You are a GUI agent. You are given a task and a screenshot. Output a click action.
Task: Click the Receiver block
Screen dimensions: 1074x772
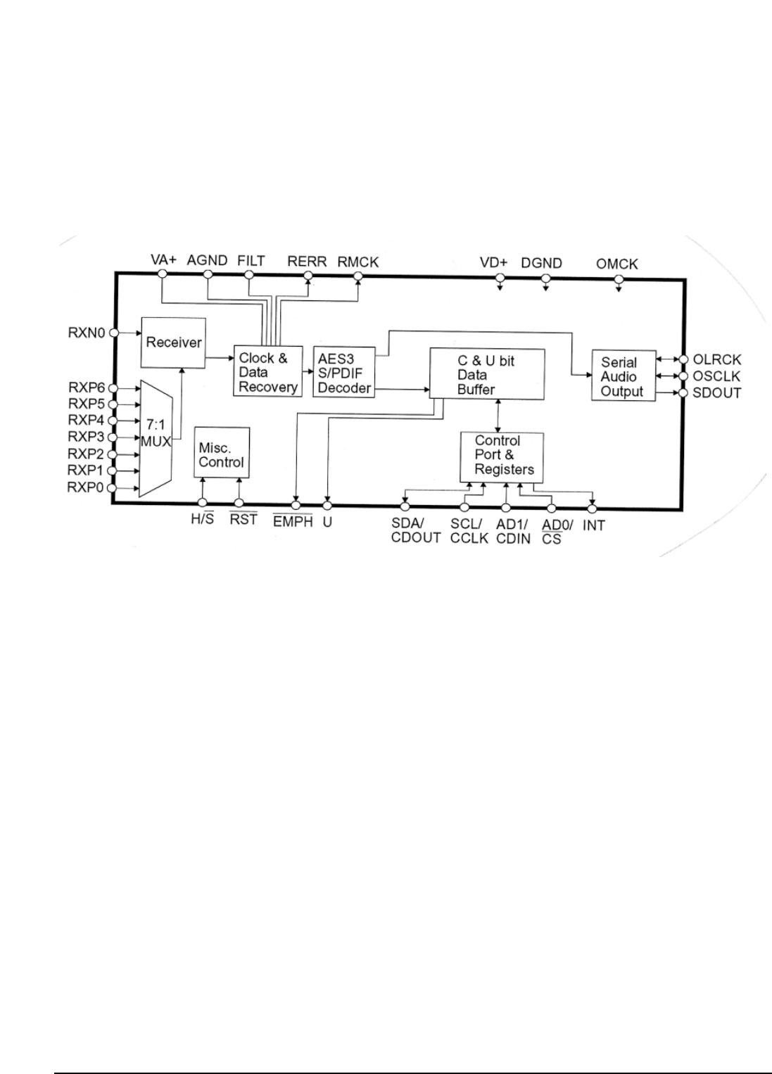coord(172,342)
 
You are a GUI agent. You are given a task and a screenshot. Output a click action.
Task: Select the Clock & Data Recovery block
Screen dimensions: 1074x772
coord(267,371)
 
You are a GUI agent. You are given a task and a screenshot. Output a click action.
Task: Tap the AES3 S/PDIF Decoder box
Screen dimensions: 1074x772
coord(343,372)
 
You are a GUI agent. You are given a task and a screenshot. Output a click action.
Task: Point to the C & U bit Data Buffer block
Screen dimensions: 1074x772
coord(486,373)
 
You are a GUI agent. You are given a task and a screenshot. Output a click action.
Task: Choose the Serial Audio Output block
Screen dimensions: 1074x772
coord(623,376)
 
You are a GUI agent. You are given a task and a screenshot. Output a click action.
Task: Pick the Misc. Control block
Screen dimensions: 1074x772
coord(222,454)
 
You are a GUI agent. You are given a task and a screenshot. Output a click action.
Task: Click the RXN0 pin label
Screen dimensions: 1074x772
coord(87,332)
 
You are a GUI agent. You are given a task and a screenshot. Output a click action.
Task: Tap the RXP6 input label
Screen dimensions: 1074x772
coord(87,388)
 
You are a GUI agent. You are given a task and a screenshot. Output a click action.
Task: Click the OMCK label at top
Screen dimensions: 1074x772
coord(617,264)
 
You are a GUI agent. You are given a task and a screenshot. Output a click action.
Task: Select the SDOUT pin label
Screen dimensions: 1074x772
coord(717,392)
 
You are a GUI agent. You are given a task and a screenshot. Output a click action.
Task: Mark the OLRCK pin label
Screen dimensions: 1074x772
coord(717,360)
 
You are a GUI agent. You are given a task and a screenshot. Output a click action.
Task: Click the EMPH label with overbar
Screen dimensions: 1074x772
coord(293,523)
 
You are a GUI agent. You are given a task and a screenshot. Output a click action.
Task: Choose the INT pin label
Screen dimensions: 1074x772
coord(593,525)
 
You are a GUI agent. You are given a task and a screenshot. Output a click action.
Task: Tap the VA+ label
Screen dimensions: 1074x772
coord(163,260)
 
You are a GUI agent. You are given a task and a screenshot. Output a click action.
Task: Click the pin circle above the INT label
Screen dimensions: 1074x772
coord(592,507)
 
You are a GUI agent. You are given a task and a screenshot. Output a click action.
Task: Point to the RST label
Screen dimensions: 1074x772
coord(243,521)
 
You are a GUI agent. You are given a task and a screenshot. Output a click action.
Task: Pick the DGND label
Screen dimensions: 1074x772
coord(542,263)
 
